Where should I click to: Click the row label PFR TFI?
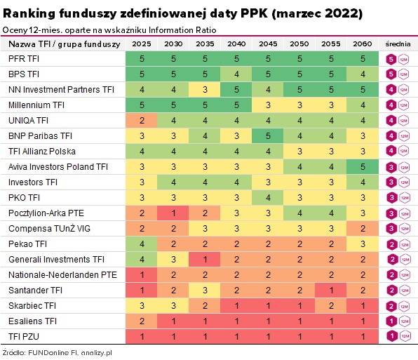point(22,59)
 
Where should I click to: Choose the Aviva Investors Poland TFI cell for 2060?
point(360,166)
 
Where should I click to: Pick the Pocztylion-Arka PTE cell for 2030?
point(173,213)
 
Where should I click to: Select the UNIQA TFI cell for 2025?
point(142,120)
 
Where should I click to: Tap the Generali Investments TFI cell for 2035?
point(205,259)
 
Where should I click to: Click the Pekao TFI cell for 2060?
point(360,244)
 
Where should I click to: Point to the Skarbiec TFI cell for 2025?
point(142,305)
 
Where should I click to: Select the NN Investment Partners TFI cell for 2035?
point(205,90)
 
